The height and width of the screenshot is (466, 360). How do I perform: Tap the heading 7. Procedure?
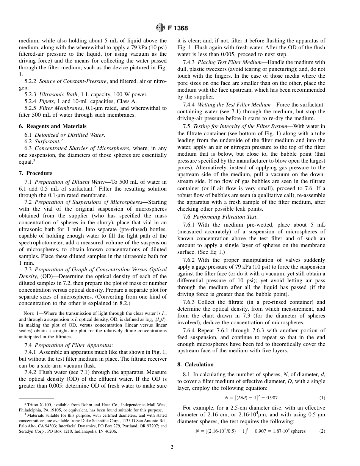pos(35,173)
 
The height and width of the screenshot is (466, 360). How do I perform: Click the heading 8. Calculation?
pos(196,364)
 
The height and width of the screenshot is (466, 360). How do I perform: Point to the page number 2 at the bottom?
pos(172,447)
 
